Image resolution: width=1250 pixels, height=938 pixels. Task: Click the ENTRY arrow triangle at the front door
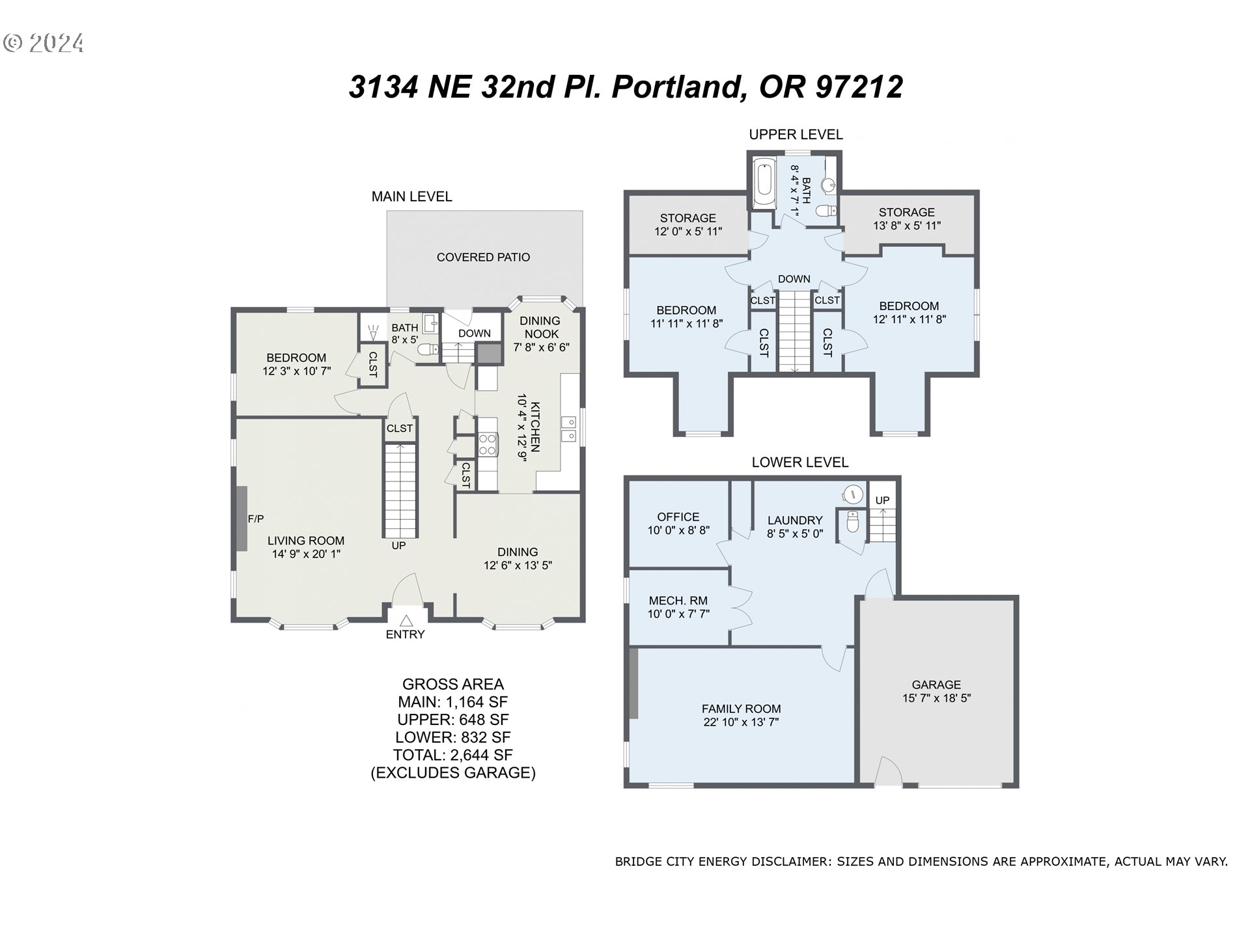406,620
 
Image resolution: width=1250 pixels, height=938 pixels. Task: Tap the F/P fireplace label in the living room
256,519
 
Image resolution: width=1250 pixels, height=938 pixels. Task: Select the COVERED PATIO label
483,257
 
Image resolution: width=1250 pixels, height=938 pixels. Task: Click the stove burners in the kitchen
487,444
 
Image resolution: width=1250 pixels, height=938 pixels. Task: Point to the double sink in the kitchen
568,429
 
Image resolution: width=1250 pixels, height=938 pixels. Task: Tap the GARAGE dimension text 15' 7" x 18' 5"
936,698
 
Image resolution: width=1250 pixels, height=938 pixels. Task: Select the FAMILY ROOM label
741,709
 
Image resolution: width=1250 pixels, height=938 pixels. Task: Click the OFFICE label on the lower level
678,517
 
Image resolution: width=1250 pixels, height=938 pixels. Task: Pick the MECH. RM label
678,601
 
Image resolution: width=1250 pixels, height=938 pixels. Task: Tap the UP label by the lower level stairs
882,500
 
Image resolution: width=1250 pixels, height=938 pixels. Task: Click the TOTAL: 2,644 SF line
452,755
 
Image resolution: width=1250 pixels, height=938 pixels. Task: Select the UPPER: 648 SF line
452,720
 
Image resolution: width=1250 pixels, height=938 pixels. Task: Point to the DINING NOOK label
540,327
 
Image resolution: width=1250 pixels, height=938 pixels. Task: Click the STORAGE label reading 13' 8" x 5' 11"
906,212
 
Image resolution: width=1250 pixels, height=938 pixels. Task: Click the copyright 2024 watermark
44,43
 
